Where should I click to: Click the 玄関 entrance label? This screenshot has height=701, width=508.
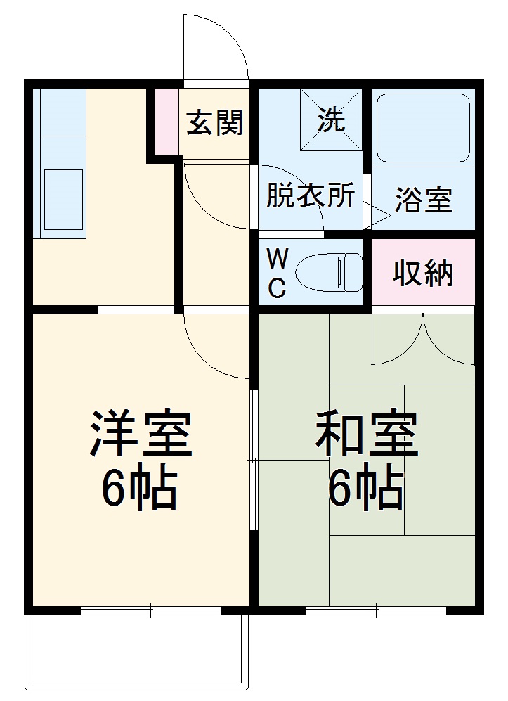(x=214, y=123)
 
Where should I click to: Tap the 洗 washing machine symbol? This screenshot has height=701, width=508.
(x=331, y=120)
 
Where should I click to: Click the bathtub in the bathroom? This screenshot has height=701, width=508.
(x=423, y=127)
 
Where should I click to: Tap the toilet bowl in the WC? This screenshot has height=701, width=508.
(x=329, y=271)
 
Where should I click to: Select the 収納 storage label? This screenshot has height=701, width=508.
(x=423, y=273)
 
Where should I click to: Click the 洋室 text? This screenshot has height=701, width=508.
(x=140, y=432)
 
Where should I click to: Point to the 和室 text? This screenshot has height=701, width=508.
(x=366, y=432)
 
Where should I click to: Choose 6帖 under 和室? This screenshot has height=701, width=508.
(x=366, y=488)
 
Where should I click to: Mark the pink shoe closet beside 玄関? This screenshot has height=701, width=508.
(x=167, y=120)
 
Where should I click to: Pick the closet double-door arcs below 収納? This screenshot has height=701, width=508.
(x=424, y=341)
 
